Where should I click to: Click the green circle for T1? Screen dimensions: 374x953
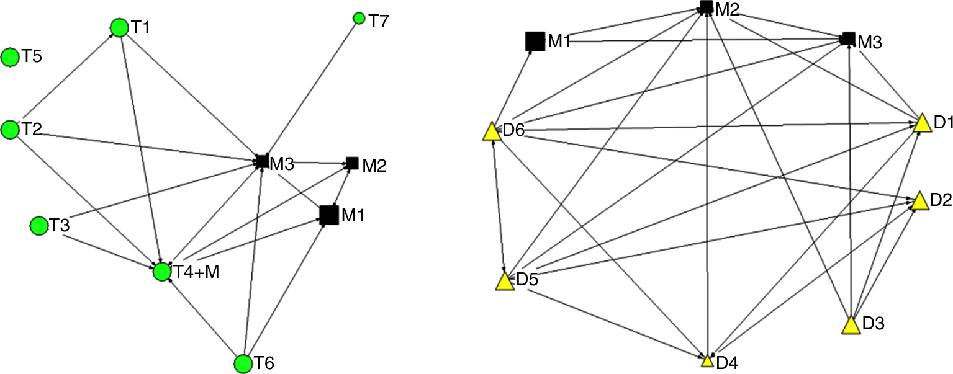point(119,27)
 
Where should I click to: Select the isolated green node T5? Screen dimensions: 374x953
point(10,58)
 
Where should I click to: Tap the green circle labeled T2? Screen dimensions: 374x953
point(10,130)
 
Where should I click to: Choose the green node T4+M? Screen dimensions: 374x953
point(162,271)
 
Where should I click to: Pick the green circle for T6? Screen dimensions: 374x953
point(243,363)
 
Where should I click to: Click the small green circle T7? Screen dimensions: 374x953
point(358,19)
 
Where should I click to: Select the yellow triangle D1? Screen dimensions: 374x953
point(922,123)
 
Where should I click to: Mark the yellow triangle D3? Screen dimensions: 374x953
point(852,325)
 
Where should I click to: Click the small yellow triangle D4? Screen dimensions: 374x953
point(707,360)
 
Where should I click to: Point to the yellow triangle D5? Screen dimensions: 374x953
point(505,282)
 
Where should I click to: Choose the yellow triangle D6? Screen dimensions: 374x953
point(492,131)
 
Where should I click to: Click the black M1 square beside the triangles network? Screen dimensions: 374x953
point(535,41)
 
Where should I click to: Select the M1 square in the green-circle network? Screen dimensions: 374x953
point(329,215)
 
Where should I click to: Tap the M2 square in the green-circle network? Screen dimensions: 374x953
point(351,163)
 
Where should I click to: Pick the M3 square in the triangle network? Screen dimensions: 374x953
point(848,39)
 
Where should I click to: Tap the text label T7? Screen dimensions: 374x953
point(379,22)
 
